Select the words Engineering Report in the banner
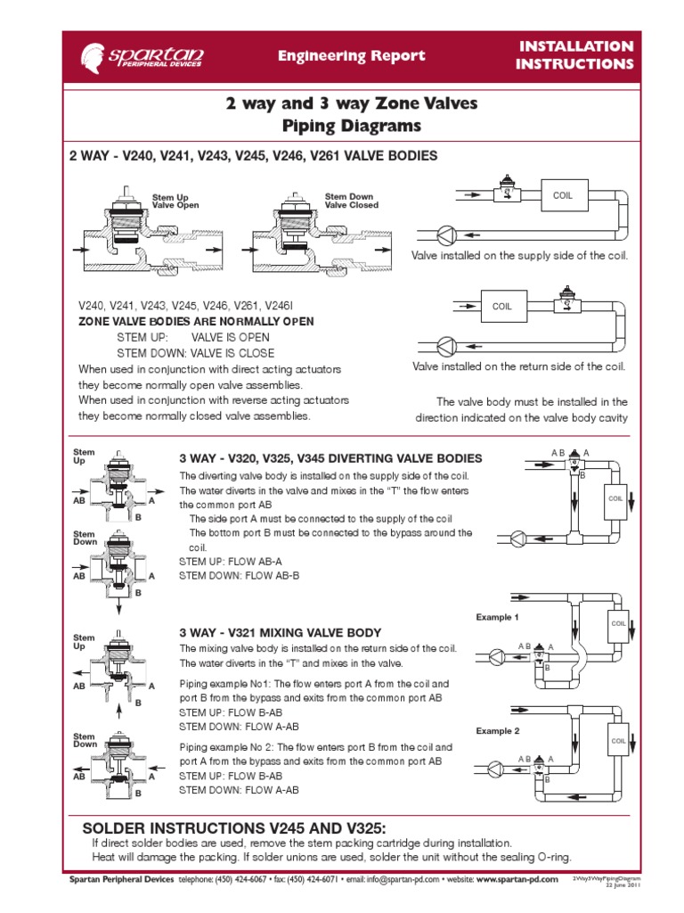click(351, 56)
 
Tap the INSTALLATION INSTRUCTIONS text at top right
click(575, 55)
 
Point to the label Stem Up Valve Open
click(175, 202)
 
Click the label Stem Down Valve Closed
click(351, 201)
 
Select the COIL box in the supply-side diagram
click(563, 195)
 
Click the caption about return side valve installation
click(518, 366)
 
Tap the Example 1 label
click(497, 617)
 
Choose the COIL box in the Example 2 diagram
click(618, 741)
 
